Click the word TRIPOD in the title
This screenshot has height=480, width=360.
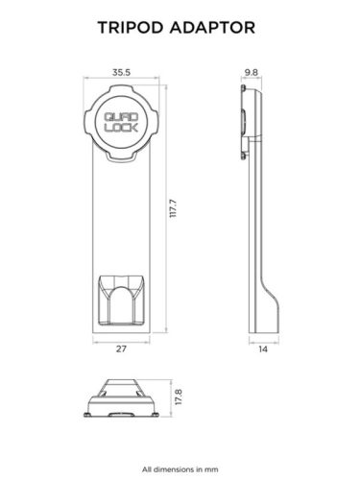point(132,29)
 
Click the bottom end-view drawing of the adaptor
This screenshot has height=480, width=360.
point(122,397)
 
